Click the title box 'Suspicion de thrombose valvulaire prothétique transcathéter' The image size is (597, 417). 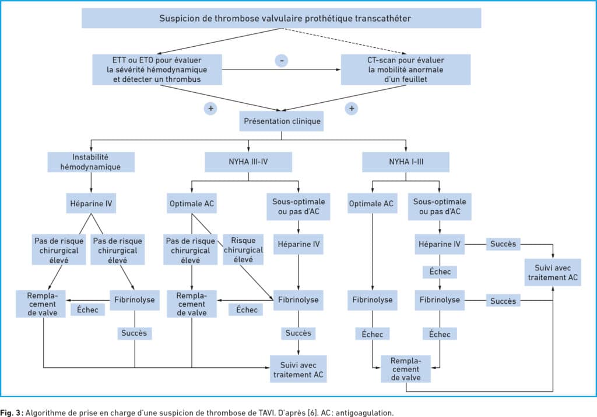[x=282, y=18]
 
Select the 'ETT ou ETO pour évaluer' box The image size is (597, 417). [x=157, y=69]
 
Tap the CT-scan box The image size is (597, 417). [x=406, y=69]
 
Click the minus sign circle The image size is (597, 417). [x=282, y=60]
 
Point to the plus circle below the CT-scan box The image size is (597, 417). [x=352, y=109]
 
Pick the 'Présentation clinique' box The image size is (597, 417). [x=282, y=121]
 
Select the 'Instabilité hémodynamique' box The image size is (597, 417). [x=91, y=162]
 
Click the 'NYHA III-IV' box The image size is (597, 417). [x=248, y=162]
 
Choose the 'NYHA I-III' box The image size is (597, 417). [x=406, y=162]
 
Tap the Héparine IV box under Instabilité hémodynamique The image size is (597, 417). [x=91, y=203]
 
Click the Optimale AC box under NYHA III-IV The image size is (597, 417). [x=191, y=203]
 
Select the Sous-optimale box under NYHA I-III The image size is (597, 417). [x=440, y=207]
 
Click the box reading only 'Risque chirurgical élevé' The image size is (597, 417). [x=243, y=250]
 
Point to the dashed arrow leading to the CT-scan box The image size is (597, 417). [x=343, y=41]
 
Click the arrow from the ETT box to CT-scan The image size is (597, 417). [x=282, y=69]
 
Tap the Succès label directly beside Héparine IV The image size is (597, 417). [x=503, y=244]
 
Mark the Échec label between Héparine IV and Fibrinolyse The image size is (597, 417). [x=440, y=272]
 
